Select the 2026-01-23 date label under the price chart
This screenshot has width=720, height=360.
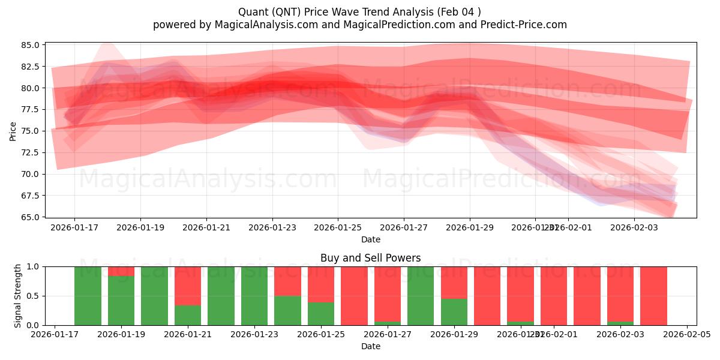[272, 227]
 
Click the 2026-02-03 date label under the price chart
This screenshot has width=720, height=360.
[634, 227]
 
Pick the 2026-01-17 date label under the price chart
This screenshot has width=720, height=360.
[74, 227]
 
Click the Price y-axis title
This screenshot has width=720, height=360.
[13, 131]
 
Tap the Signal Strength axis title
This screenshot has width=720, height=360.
[18, 296]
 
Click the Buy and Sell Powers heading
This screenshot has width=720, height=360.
[370, 258]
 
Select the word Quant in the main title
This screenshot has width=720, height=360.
[253, 12]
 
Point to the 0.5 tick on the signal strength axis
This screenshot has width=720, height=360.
[34, 296]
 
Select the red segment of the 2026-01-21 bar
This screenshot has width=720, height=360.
[188, 286]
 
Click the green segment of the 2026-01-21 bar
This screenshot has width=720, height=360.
[188, 315]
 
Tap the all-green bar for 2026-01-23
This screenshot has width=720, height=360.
[254, 296]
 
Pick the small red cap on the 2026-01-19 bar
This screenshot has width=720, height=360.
[121, 271]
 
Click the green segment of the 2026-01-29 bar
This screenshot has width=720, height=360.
[454, 312]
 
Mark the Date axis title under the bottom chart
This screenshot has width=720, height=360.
[370, 346]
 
